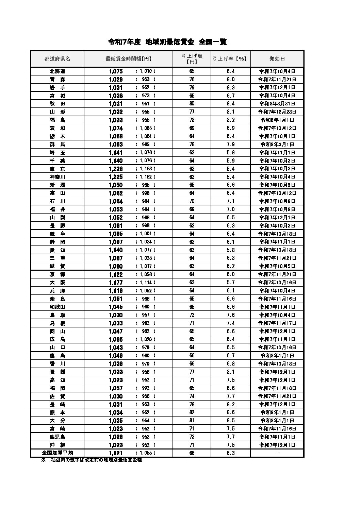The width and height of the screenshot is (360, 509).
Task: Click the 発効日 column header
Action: point(277,59)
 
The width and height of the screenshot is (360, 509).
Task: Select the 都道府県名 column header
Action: point(57,59)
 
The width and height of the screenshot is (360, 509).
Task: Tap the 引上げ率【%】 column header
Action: point(230,59)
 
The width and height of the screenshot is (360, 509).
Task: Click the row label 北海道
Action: point(57,71)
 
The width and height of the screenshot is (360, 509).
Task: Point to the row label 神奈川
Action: point(57,177)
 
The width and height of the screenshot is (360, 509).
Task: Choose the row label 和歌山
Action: point(57,307)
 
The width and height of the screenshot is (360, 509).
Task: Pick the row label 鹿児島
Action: point(57,437)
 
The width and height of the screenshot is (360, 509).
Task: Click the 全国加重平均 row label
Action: point(57,453)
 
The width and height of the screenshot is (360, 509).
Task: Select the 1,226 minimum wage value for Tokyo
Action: point(116,169)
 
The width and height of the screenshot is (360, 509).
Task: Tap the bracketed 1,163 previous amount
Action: point(146,169)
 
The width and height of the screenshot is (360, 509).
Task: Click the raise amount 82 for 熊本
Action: point(192,412)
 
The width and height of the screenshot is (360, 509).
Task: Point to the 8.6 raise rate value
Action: point(230,412)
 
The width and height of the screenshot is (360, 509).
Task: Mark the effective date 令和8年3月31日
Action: point(277,104)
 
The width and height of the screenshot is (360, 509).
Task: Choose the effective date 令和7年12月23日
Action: point(277,112)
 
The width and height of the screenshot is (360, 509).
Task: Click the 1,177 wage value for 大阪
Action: point(116,283)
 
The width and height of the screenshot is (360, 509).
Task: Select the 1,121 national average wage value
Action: point(116,453)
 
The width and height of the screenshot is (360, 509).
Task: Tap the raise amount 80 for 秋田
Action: point(192,104)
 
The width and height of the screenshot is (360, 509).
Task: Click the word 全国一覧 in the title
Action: point(213,42)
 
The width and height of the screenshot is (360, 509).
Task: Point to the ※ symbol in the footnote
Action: point(43,460)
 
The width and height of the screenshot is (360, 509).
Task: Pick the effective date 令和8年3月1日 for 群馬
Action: point(277,145)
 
